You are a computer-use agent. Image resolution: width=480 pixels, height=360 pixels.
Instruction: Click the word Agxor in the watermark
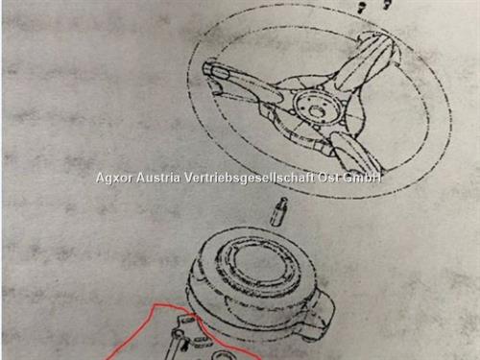pos(113,178)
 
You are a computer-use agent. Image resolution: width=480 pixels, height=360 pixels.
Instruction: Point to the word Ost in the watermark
pos(328,178)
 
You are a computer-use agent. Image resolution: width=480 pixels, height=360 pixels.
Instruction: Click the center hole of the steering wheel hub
pos(317,111)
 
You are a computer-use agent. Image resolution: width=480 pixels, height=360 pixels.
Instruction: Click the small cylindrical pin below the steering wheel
pos(278,212)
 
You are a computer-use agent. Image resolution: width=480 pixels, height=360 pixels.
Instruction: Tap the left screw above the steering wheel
pos(362,7)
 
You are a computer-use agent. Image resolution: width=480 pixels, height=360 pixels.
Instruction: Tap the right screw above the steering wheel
pos(387,4)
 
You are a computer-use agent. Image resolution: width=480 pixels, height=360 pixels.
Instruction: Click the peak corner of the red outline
pos(155,305)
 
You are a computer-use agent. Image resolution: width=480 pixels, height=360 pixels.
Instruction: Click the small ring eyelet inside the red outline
pos(178,333)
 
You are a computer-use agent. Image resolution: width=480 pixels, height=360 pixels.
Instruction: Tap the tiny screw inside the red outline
pos(184,345)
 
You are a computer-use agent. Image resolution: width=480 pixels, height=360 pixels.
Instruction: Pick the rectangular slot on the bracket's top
pos(190,319)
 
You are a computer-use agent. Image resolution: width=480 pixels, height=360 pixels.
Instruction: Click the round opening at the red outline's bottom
pos(221,355)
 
